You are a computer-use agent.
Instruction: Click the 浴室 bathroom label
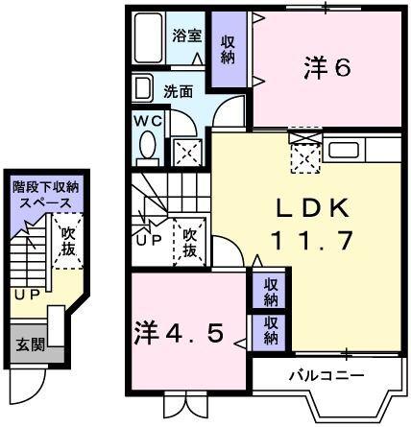coord(187,36)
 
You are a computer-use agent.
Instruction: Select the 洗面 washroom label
coord(178,92)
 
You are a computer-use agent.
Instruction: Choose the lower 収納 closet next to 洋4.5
coord(271,331)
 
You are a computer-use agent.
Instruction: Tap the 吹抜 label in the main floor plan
coord(190,242)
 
